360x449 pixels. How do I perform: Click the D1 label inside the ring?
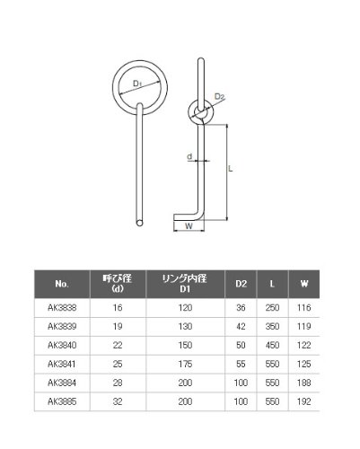click(137, 84)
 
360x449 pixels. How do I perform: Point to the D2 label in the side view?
click(219, 96)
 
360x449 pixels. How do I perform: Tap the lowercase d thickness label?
click(189, 156)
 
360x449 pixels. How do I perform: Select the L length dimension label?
click(230, 169)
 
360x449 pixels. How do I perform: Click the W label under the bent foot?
click(189, 226)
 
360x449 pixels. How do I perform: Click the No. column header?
click(62, 284)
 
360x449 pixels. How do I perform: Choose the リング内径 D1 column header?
click(185, 284)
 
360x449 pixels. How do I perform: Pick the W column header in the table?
click(304, 284)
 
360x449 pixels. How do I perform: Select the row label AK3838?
click(62, 308)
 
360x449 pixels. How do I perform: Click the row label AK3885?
click(62, 401)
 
